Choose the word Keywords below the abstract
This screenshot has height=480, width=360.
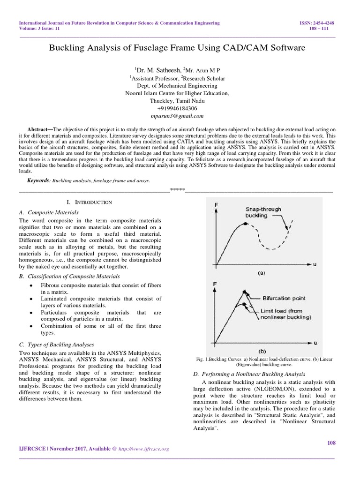point(38,180)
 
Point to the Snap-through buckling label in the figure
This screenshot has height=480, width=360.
point(263,212)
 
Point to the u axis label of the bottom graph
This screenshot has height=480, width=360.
point(315,341)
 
